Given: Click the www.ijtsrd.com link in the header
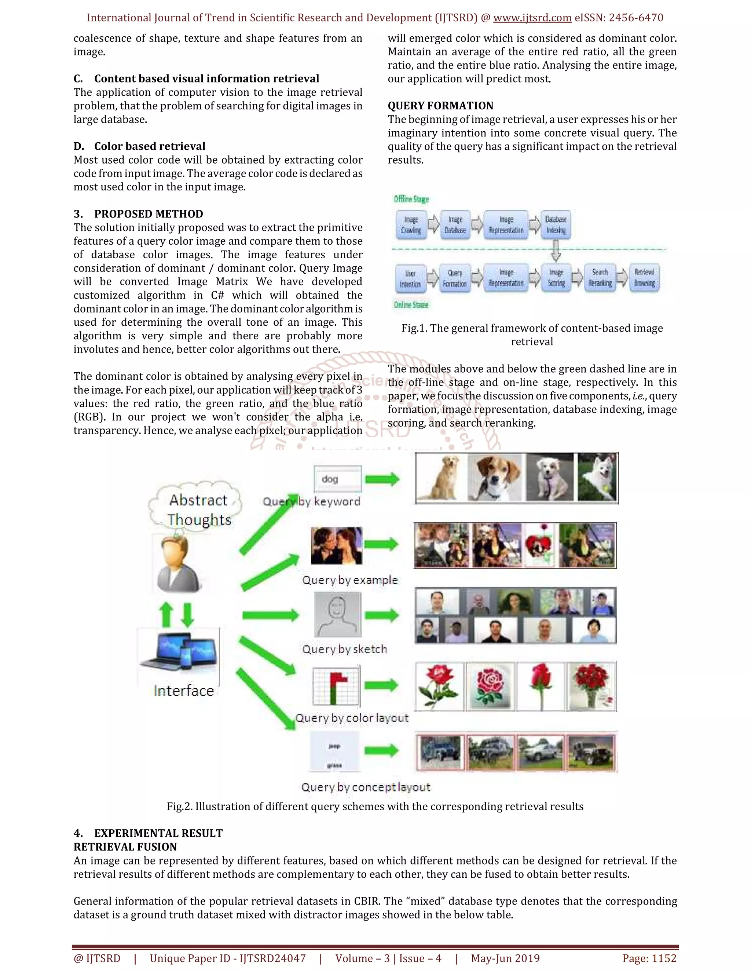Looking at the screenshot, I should coord(532,18).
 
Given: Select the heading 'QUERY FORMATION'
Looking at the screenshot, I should coord(440,106).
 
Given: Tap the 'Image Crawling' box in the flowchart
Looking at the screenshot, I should coord(411,225).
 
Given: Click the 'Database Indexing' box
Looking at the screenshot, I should coord(556,225).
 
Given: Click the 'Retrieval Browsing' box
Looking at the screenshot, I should coord(644,277).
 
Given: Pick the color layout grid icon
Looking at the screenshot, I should coord(336,686).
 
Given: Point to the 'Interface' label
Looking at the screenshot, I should coord(184,691).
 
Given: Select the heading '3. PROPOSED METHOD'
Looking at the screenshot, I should coord(138,214).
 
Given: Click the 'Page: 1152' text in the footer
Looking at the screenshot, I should coord(649,958).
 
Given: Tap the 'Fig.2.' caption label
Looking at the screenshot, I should coord(179,807).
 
